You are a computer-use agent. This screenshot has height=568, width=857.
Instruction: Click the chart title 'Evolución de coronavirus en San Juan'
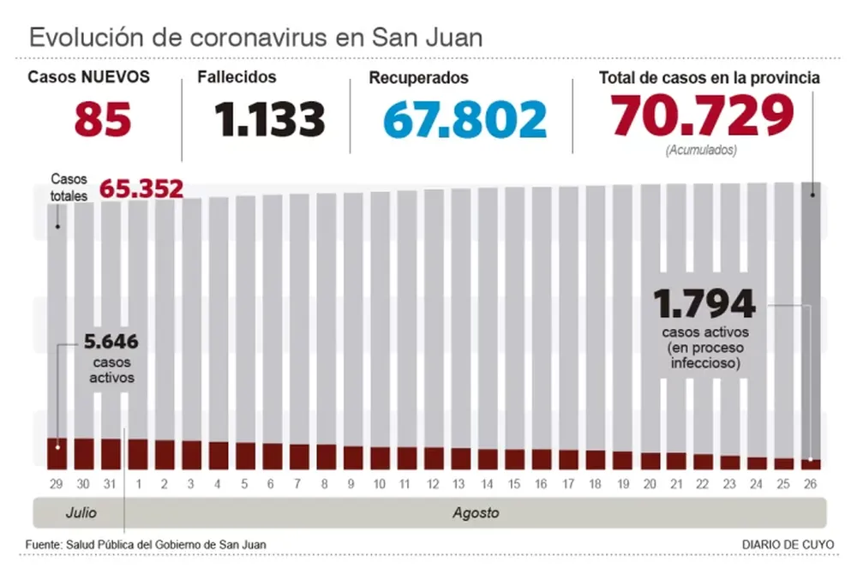click(256, 38)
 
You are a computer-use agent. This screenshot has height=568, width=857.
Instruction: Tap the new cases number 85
click(103, 119)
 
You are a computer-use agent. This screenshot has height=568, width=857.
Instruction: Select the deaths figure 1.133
click(270, 119)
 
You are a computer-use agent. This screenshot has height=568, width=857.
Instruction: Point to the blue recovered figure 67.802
click(464, 119)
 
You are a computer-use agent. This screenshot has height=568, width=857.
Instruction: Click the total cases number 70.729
click(701, 116)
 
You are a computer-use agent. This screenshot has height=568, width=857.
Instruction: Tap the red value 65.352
click(142, 188)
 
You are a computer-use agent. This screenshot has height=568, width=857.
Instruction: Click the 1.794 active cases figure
click(704, 303)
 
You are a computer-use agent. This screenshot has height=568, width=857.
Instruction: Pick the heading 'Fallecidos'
click(237, 77)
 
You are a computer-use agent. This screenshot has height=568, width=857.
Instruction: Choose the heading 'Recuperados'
click(418, 78)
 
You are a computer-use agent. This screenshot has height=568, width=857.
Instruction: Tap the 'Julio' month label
click(81, 514)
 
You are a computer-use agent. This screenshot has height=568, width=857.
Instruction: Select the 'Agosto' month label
click(476, 514)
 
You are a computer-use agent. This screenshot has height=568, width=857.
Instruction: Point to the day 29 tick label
click(57, 484)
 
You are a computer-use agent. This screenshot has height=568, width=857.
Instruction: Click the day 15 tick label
click(514, 484)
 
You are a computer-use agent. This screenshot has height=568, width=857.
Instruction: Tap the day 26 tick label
click(811, 484)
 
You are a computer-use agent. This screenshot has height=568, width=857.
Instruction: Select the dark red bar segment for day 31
click(111, 454)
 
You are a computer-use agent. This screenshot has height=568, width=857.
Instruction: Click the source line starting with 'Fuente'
click(146, 544)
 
